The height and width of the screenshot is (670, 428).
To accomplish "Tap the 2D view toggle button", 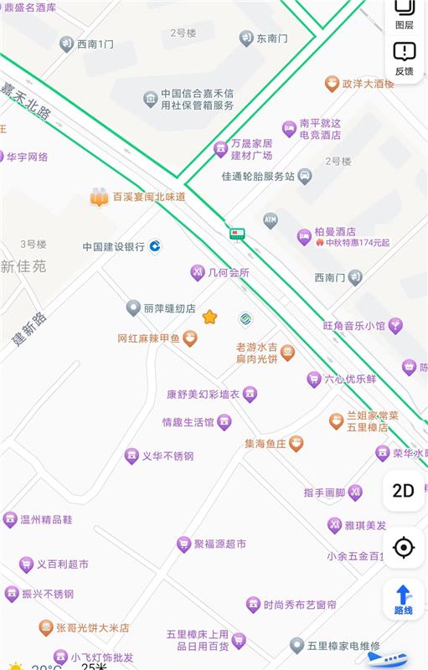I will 404,491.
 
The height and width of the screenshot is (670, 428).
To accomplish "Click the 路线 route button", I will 403,600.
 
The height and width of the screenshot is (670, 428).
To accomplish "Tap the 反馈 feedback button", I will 404,58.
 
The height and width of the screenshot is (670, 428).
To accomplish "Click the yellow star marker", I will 209,317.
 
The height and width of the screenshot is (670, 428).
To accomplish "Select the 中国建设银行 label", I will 114,247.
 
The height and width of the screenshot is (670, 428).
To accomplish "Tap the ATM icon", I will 270,220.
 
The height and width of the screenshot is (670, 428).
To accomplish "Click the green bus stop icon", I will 238,234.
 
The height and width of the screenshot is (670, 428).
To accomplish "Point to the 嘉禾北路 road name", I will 26,100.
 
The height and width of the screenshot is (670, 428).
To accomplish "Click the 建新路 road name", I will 29,329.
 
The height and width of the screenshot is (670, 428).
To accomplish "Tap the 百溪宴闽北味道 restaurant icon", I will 100,198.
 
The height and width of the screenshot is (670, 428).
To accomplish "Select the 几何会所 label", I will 229,272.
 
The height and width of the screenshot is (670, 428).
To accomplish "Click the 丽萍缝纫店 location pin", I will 133,308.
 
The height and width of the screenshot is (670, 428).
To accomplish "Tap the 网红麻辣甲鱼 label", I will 148,338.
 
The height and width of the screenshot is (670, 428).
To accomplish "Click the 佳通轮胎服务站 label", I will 258,177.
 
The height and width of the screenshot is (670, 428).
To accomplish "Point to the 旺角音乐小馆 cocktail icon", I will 395,325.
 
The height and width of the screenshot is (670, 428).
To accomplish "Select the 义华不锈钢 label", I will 168,456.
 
